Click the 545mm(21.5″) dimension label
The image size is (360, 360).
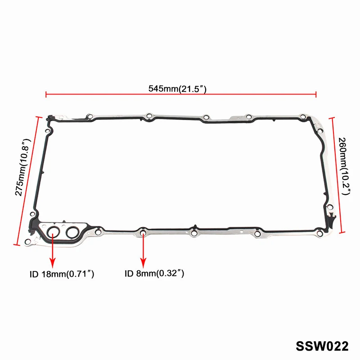[177, 89]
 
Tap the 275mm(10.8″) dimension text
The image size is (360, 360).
[23, 167]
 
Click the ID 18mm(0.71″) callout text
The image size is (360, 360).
[62, 274]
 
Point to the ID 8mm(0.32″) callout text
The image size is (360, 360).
[154, 274]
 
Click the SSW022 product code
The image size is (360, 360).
[322, 346]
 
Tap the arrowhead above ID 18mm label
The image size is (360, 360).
[53, 263]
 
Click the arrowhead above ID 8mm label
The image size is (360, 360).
[144, 263]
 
